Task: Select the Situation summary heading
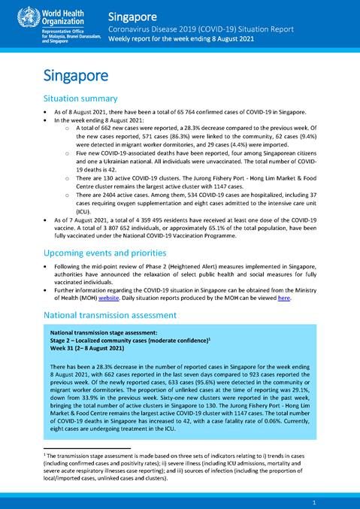point(80,98)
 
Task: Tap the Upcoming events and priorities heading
point(110,253)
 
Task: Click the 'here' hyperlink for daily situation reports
point(284,296)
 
